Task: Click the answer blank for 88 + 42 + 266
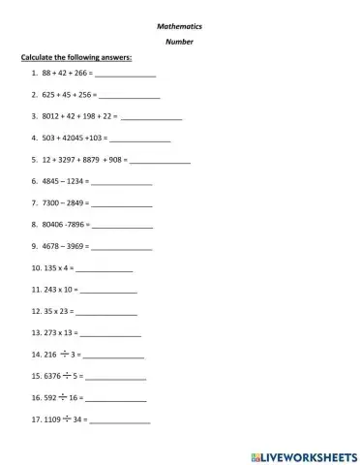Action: click(x=125, y=75)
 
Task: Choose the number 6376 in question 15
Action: click(x=52, y=375)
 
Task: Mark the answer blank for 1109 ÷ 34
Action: click(x=120, y=419)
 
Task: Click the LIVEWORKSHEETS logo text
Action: click(x=309, y=453)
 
